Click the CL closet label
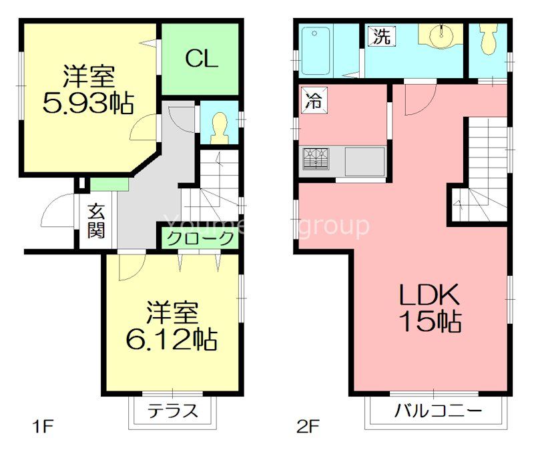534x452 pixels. coord(201,59)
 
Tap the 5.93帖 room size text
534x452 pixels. coord(88,103)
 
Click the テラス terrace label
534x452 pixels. coord(173,411)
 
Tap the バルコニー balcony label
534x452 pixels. coord(437,410)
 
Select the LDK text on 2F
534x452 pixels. coord(429,294)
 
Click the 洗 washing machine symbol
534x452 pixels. coord(381,36)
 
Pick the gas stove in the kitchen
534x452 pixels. coord(318,160)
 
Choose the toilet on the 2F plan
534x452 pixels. coord(488,39)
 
